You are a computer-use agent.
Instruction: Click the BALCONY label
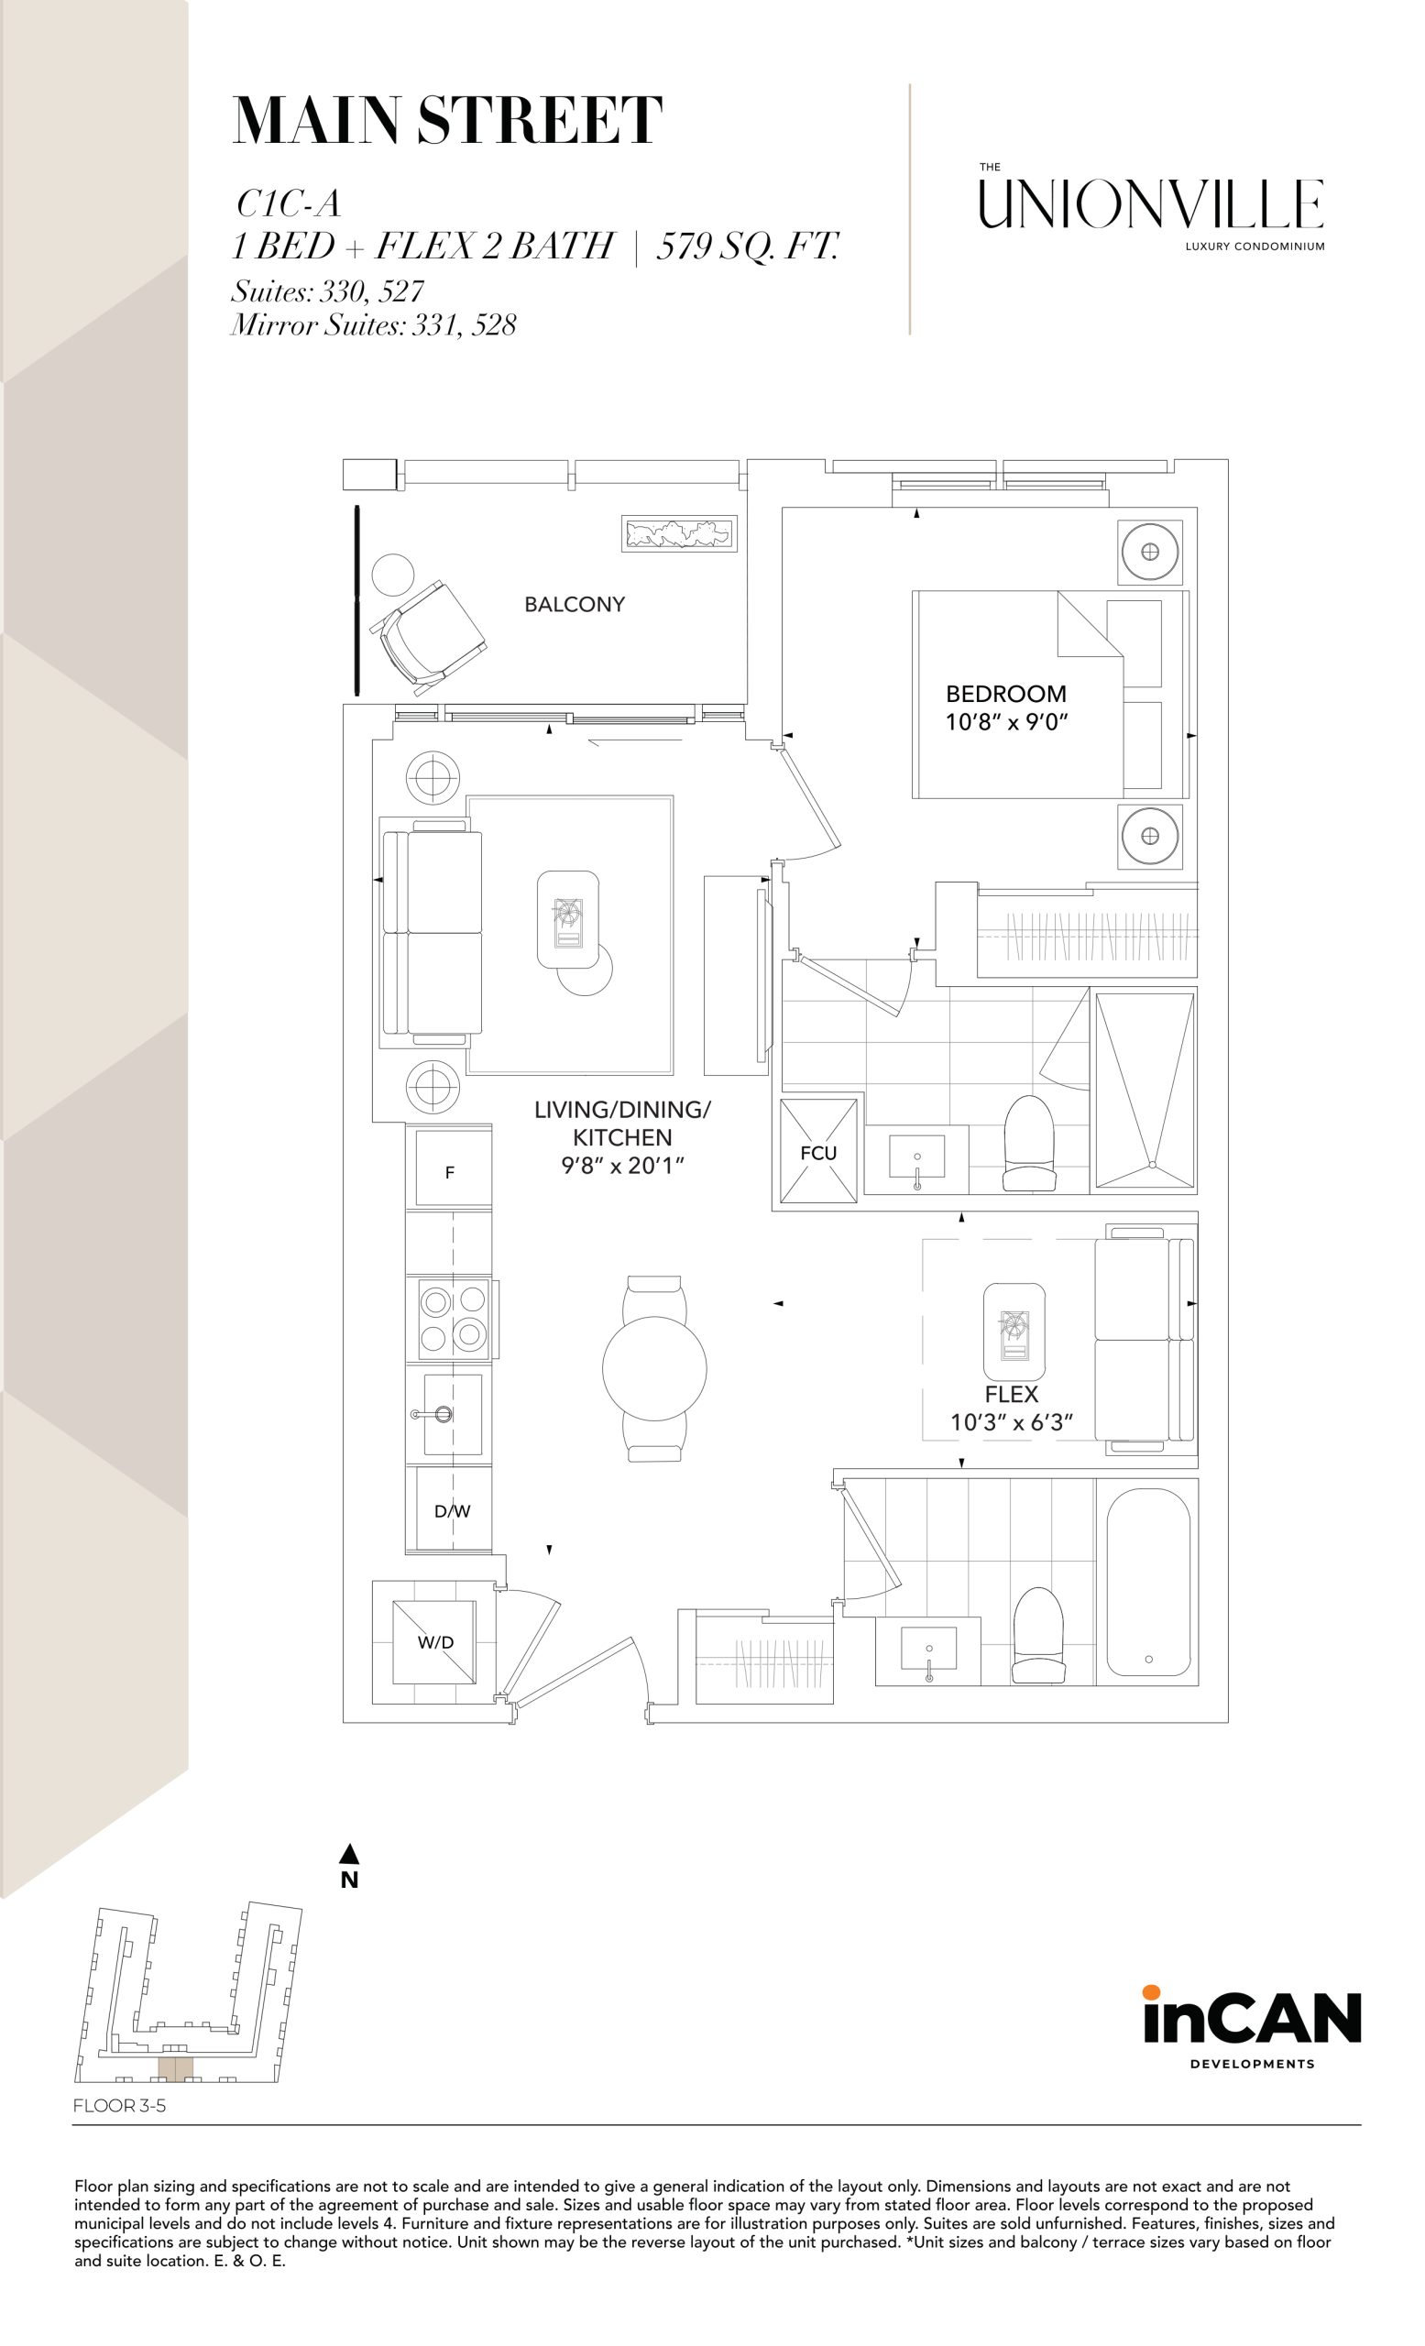pos(574,604)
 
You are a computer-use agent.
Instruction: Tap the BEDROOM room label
pos(1005,693)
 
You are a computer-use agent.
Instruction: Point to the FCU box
pos(817,1151)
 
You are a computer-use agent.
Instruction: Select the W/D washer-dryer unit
pos(435,1641)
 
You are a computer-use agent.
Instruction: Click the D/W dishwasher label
pos(452,1510)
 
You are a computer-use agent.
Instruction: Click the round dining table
pos(654,1368)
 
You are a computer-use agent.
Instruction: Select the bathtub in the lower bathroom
pos(1148,1582)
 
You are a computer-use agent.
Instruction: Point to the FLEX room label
pos(1011,1394)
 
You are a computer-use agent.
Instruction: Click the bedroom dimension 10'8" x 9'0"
pos(1006,722)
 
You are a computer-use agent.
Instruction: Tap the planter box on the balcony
pos(679,533)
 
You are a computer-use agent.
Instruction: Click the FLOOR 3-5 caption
pos(120,2106)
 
